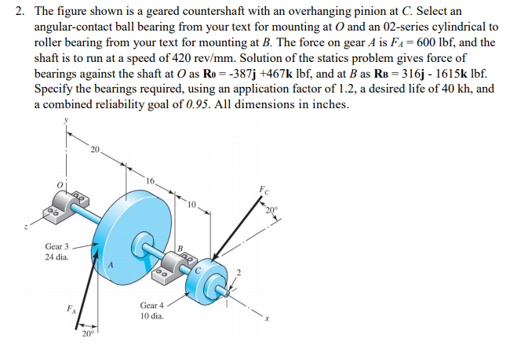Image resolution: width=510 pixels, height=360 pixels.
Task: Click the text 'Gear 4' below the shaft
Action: pyautogui.click(x=151, y=305)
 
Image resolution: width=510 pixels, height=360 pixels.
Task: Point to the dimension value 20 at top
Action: pyautogui.click(x=96, y=148)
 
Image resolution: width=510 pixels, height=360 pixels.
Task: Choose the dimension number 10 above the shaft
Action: pyautogui.click(x=191, y=206)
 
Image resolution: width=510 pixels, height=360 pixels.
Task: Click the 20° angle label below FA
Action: pyautogui.click(x=86, y=336)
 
